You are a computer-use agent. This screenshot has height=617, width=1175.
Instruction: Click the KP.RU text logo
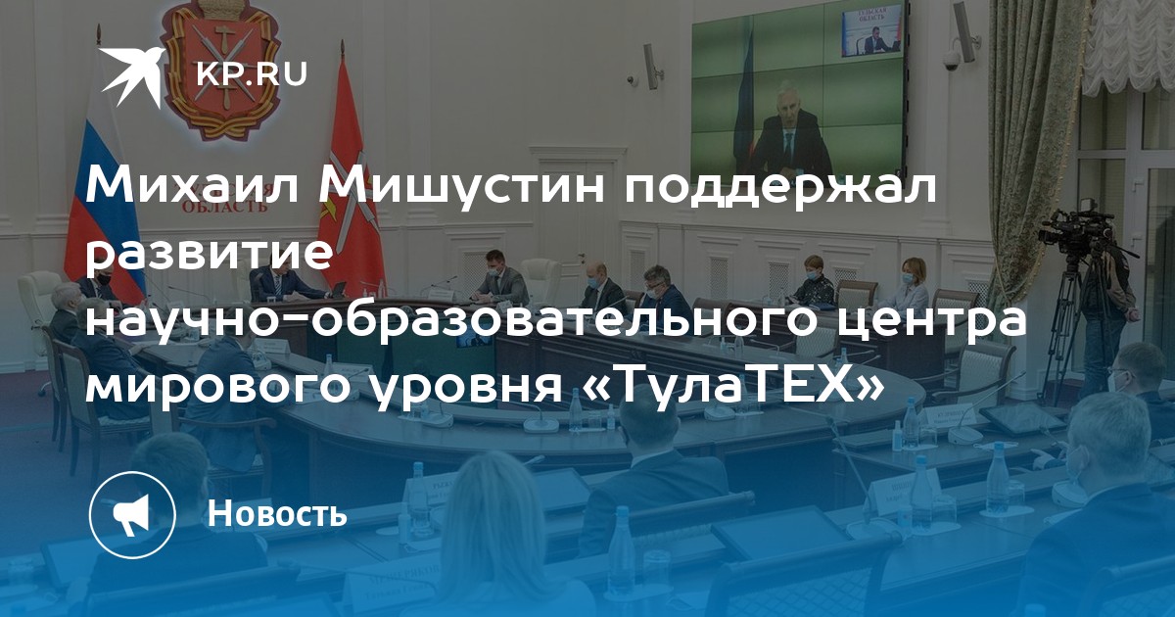[252, 74]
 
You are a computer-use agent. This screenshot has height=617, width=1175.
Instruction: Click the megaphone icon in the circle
[132, 514]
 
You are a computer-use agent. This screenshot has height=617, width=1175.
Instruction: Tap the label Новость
[277, 512]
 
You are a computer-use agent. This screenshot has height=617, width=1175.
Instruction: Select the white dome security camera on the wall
[952, 62]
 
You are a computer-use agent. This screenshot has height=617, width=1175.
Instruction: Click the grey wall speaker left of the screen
[652, 67]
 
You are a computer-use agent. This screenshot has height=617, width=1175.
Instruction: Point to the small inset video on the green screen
[872, 30]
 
